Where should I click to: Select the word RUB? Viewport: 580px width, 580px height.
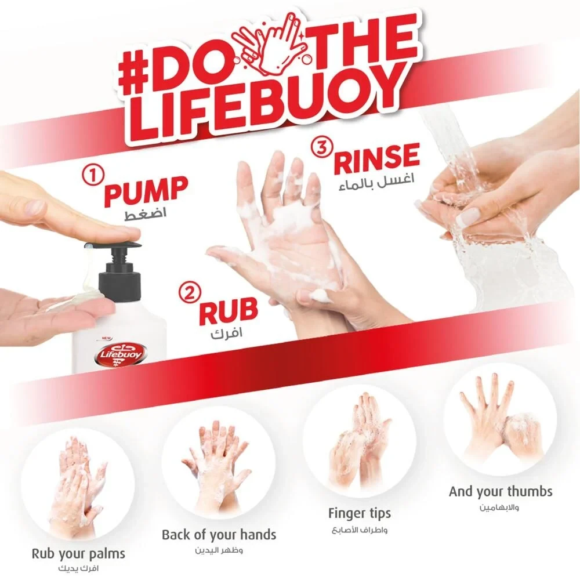coord(228,311)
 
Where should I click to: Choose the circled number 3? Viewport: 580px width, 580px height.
coord(322,147)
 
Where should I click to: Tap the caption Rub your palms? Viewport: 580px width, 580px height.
coord(78,554)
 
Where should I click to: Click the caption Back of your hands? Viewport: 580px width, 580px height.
coord(219,535)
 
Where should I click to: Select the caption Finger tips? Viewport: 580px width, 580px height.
coord(360,513)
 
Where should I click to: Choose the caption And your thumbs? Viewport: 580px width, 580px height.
coord(501,492)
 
